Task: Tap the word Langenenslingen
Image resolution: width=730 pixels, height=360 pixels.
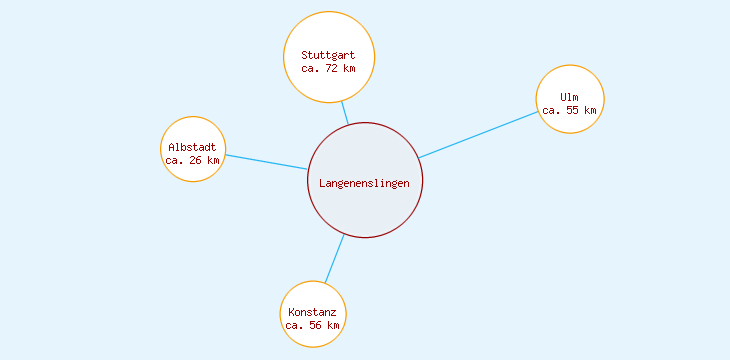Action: [x=365, y=183]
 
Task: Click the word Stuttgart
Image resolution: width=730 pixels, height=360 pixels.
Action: [x=328, y=55]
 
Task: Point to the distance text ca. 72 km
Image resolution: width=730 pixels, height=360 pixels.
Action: [x=328, y=69]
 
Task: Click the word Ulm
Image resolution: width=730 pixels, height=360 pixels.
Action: [x=570, y=97]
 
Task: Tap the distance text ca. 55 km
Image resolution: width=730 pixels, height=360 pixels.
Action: [x=570, y=111]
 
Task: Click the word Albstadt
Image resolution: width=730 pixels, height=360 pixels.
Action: [x=193, y=147]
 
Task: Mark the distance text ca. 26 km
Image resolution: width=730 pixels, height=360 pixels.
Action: [x=193, y=160]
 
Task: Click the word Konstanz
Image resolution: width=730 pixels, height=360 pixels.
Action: [x=313, y=312]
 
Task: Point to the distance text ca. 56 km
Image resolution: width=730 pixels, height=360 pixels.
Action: [x=313, y=326]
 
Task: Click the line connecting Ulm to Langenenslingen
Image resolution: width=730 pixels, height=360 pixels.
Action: [x=479, y=134]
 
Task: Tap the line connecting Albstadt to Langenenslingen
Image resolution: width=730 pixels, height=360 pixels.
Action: [x=266, y=162]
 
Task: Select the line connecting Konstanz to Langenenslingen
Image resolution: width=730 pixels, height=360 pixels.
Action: [x=335, y=258]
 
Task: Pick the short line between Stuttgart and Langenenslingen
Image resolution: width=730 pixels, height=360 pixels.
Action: [x=345, y=112]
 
